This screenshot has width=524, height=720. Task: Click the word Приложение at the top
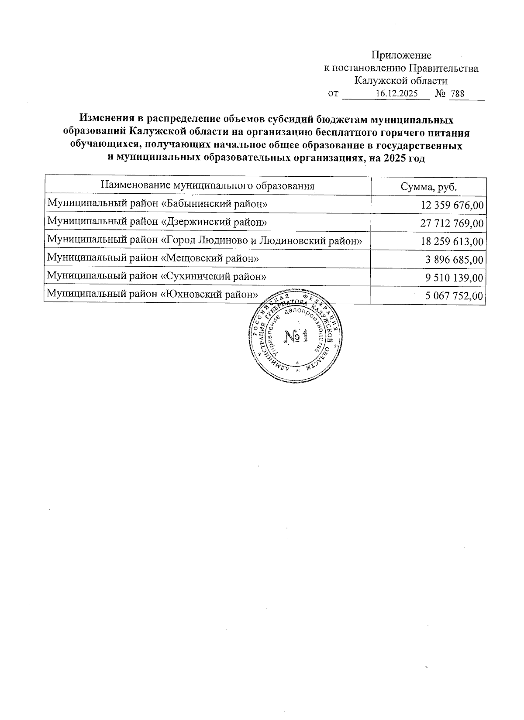tap(401, 55)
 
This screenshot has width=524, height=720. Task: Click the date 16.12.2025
tap(396, 94)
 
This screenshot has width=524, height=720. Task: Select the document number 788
tap(457, 94)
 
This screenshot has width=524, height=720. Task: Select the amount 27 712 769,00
tap(452, 224)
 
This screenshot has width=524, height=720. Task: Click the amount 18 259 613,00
tap(452, 242)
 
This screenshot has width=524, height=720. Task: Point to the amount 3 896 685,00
tap(454, 260)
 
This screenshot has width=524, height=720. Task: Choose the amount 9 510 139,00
tap(454, 278)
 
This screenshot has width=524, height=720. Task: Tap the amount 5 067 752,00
tap(454, 296)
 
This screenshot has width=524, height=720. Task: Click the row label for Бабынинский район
tap(157, 204)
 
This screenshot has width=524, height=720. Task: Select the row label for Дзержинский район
tap(157, 222)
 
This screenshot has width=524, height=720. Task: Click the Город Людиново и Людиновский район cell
tap(205, 240)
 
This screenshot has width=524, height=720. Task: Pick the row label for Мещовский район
tap(153, 258)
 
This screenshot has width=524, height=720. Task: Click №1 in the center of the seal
tap(296, 336)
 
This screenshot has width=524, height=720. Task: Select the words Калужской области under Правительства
tap(400, 81)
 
